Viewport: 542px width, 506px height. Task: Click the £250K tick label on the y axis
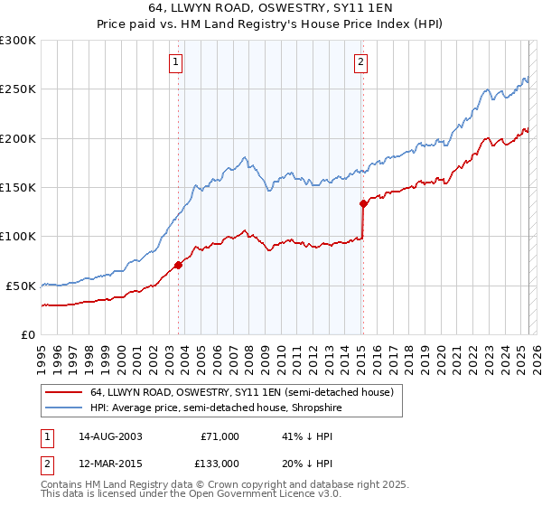[18, 89]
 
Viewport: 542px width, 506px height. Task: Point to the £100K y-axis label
[18, 237]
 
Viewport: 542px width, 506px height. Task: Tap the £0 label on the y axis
[28, 334]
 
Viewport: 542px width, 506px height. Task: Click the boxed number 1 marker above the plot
[175, 62]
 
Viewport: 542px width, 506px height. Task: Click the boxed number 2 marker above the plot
[360, 62]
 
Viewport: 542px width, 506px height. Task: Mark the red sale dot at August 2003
[178, 265]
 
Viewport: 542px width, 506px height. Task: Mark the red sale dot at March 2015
[363, 203]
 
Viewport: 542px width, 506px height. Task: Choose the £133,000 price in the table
[220, 464]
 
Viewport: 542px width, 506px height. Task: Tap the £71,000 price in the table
[220, 436]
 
